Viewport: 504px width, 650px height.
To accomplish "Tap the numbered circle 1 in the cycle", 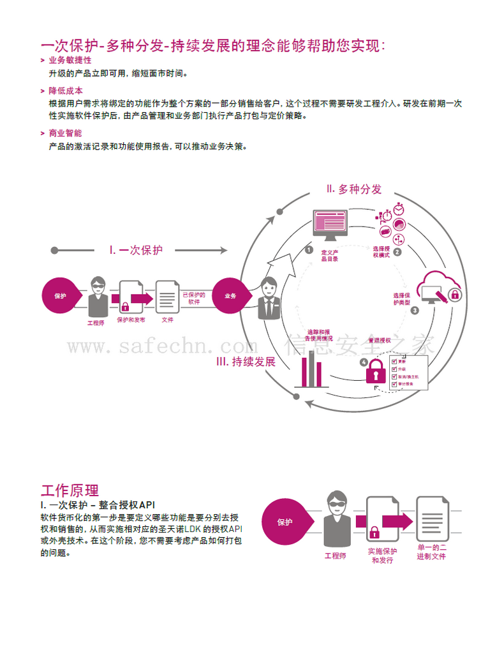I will pos(309,250).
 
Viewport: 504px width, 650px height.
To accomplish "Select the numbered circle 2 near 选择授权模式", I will pos(397,251).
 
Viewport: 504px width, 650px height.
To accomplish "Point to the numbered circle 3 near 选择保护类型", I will pos(414,311).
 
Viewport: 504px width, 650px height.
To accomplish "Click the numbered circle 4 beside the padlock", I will pos(364,362).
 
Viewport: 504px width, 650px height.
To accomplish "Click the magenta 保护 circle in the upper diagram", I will pos(61,296).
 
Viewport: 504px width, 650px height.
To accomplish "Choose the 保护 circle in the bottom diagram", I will pos(285,522).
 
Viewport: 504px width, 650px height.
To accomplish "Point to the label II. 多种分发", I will pos(354,189).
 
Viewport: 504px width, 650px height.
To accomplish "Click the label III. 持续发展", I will pos(246,362).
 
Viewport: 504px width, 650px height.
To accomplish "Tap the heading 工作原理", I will pos(70,490).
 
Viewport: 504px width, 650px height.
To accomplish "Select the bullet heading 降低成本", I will pos(66,91).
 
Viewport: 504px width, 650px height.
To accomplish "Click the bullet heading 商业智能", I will pos(66,133).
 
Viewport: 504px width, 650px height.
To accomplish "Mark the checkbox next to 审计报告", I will pos(394,385).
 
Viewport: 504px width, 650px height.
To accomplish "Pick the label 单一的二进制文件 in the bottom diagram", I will pos(432,552).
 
